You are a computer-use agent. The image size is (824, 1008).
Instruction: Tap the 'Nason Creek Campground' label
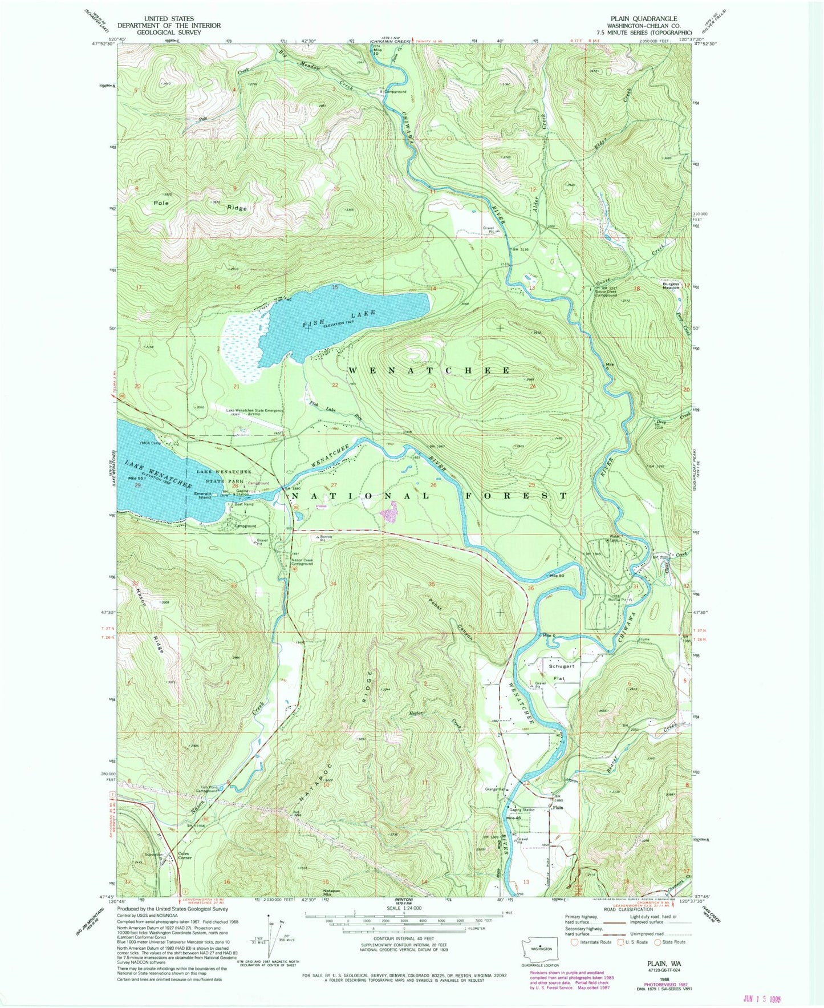tap(302, 561)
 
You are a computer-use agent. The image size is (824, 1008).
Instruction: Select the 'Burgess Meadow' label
tap(671, 285)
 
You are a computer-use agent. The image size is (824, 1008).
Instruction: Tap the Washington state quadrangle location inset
tap(539, 948)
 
